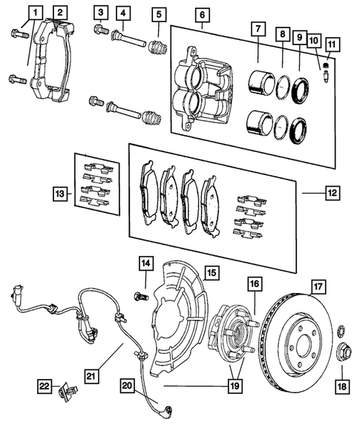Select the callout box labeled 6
(x=203, y=15)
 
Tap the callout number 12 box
(x=330, y=192)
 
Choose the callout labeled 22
(x=45, y=386)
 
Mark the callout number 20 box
(x=127, y=386)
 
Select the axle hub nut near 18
(x=344, y=351)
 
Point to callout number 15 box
(x=212, y=273)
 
